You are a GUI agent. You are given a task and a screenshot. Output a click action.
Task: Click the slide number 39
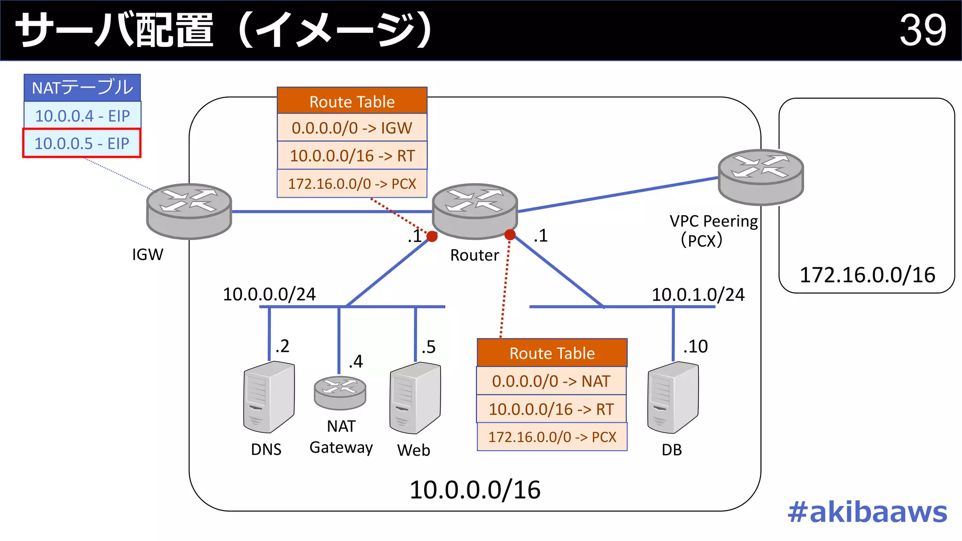click(x=922, y=30)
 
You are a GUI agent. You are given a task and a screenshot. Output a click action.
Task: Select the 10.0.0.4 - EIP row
click(x=82, y=116)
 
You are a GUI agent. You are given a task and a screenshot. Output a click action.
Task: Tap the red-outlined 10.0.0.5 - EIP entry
click(x=82, y=143)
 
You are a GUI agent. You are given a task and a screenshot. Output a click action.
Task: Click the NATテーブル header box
click(x=82, y=88)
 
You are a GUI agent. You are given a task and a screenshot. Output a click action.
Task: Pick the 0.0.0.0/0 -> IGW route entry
click(x=352, y=128)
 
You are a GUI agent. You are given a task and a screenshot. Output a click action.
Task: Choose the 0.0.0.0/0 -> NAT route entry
click(x=551, y=381)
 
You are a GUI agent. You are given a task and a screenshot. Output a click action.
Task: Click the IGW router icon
click(x=189, y=210)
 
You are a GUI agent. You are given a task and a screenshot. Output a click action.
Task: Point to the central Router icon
click(x=474, y=210)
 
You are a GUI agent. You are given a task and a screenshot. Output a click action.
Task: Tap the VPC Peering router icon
click(x=760, y=177)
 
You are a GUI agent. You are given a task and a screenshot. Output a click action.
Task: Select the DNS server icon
click(x=269, y=397)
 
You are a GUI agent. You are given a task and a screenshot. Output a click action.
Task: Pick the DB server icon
click(x=673, y=397)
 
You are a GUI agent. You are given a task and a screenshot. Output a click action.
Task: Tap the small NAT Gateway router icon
click(x=340, y=393)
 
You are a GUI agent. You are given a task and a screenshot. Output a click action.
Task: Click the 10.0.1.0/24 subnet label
click(x=698, y=295)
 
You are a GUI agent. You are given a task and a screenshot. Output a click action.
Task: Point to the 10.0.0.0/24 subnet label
click(x=269, y=294)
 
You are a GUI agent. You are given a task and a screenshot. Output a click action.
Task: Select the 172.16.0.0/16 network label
click(x=867, y=275)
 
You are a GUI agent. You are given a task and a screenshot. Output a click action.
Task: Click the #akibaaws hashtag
click(x=867, y=512)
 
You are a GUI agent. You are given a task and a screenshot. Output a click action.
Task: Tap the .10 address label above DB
click(x=695, y=347)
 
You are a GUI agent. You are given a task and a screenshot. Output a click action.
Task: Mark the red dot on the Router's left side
click(x=432, y=236)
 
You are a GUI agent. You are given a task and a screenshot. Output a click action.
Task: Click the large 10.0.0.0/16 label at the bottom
click(x=475, y=490)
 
